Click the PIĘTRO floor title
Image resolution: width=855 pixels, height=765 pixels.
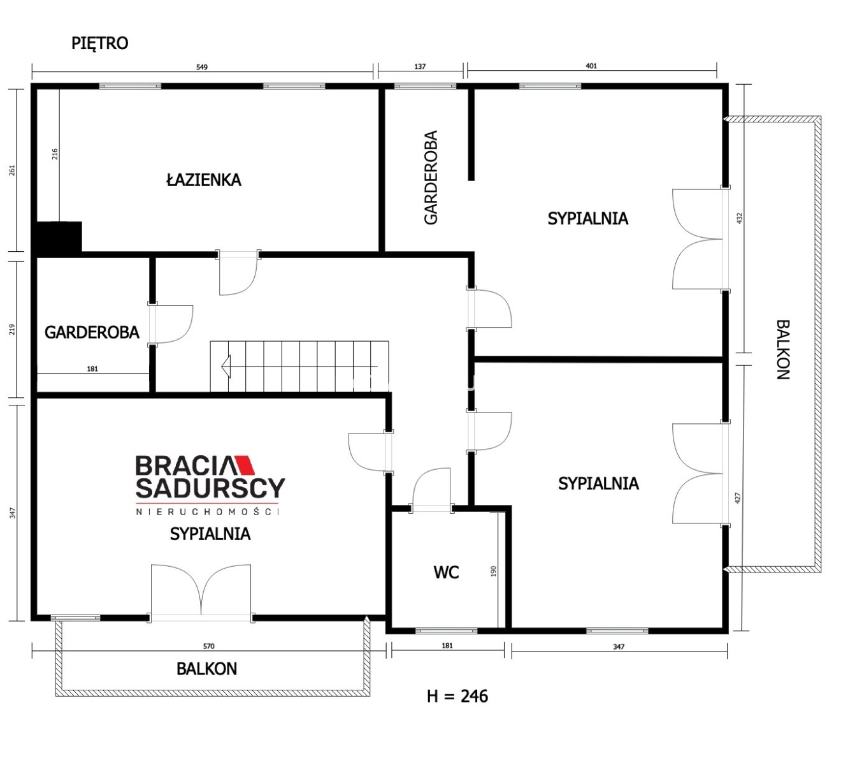pyautogui.click(x=99, y=43)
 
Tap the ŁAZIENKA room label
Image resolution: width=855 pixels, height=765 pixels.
pyautogui.click(x=204, y=180)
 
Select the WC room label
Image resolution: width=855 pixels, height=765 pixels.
pyautogui.click(x=446, y=572)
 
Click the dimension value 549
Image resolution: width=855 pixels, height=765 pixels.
pyautogui.click(x=202, y=67)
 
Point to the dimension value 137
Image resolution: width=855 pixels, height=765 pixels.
pyautogui.click(x=420, y=67)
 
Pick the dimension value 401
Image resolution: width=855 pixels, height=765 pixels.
pyautogui.click(x=591, y=66)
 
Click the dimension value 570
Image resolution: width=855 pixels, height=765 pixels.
pyautogui.click(x=209, y=646)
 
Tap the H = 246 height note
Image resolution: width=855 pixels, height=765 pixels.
pyautogui.click(x=457, y=696)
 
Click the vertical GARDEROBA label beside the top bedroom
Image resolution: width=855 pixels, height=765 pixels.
pyautogui.click(x=431, y=177)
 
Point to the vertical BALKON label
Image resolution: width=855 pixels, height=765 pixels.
pyautogui.click(x=783, y=350)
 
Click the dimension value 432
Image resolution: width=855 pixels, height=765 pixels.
pyautogui.click(x=739, y=219)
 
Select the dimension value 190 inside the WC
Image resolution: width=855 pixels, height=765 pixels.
pyautogui.click(x=493, y=572)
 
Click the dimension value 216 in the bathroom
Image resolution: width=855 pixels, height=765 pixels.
pyautogui.click(x=54, y=154)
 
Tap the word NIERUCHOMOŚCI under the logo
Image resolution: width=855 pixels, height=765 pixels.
pyautogui.click(x=207, y=512)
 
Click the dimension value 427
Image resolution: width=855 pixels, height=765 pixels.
pyautogui.click(x=738, y=498)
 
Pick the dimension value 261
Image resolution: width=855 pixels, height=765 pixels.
pyautogui.click(x=12, y=170)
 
